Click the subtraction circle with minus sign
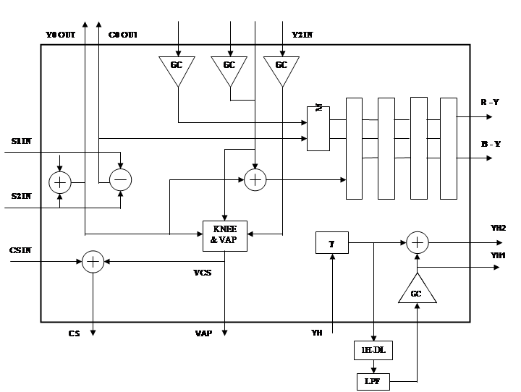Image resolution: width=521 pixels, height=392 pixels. [120, 180]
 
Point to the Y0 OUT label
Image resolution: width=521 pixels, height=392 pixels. [60, 35]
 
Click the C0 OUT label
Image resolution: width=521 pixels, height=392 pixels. [123, 35]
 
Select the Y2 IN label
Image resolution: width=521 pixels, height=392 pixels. [302, 34]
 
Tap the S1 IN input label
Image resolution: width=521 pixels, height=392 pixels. [21, 141]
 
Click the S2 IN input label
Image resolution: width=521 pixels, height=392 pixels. [21, 196]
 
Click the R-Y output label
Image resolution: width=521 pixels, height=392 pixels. [490, 102]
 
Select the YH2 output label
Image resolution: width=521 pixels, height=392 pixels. [499, 229]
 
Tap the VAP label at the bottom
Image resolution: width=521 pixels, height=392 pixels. [203, 333]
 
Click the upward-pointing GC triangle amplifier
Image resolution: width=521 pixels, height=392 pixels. [417, 291]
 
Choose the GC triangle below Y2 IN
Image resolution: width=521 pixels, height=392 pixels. [281, 69]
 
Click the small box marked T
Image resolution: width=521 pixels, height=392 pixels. [332, 244]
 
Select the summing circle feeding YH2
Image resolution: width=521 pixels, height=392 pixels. [417, 243]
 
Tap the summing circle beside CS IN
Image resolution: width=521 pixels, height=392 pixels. [93, 262]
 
